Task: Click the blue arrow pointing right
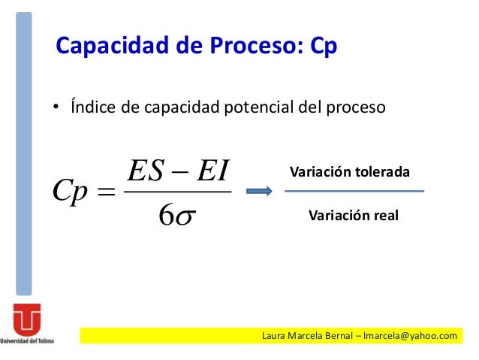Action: coord(259,192)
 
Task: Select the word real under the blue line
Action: coord(384,216)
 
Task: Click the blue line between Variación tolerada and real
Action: coord(354,192)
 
